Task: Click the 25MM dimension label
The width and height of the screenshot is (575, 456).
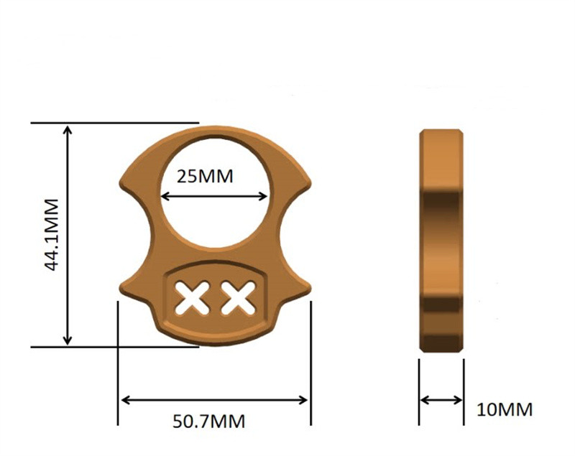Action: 205,176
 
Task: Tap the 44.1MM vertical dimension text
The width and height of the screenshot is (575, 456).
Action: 52,235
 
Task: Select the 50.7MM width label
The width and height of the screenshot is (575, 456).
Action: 208,422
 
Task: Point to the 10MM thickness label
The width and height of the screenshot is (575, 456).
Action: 505,409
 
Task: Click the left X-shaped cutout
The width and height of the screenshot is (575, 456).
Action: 193,297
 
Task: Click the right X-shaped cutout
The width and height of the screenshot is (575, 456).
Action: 239,297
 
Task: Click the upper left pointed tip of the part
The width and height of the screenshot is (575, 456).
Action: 121,182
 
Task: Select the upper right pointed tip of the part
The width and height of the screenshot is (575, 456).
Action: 310,182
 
